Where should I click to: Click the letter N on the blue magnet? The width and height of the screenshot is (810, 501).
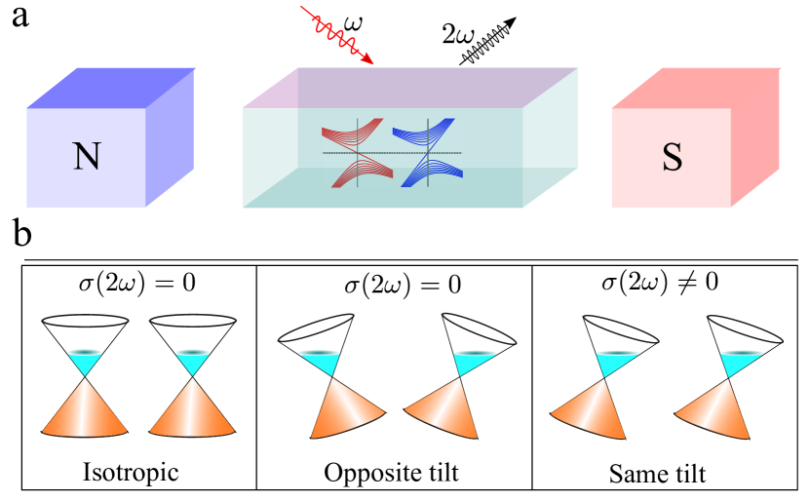pos(87,157)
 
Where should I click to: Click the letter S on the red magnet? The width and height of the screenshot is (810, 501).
pos(672,158)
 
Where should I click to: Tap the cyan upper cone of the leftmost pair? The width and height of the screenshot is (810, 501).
pos(85,363)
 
